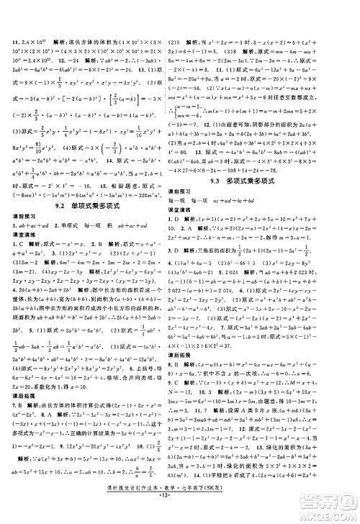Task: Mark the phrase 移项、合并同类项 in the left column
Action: [120, 394]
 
